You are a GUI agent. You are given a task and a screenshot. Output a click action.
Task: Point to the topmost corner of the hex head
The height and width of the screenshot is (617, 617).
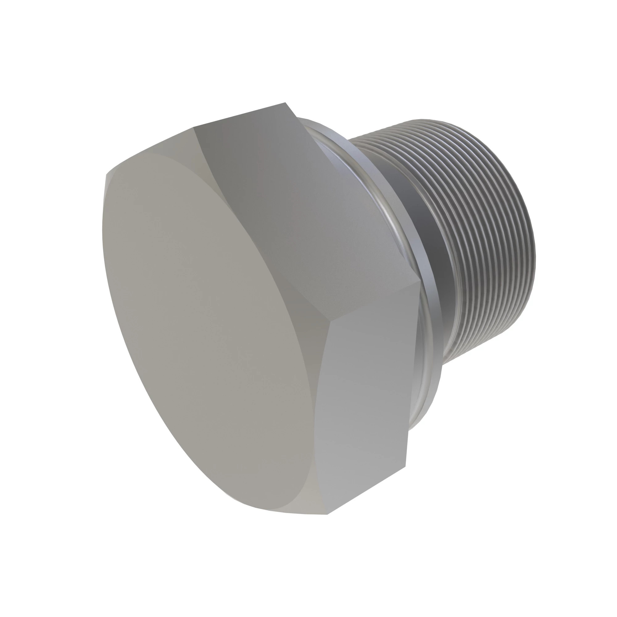[x=285, y=103]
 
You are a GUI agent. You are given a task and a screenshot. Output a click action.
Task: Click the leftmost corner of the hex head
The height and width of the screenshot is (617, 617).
[x=106, y=175]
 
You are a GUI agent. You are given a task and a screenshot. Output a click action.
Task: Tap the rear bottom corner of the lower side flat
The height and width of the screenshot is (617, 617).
[x=406, y=466]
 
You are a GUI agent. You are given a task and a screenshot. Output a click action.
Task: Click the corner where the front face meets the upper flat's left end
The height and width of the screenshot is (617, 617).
[x=194, y=127]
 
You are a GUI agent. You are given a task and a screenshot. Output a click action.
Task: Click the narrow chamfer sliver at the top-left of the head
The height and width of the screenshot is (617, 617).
[x=147, y=150]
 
